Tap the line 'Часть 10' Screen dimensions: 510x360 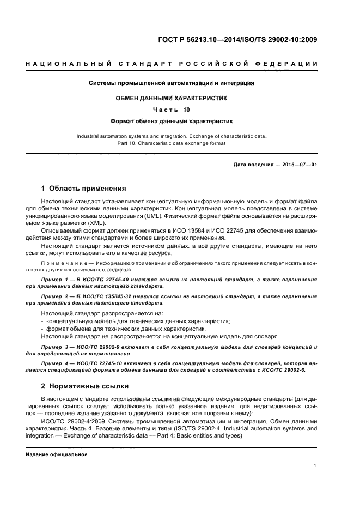coord(172,110)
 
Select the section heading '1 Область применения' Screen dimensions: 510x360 coord(83,189)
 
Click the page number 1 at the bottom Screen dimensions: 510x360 coord(315,467)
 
